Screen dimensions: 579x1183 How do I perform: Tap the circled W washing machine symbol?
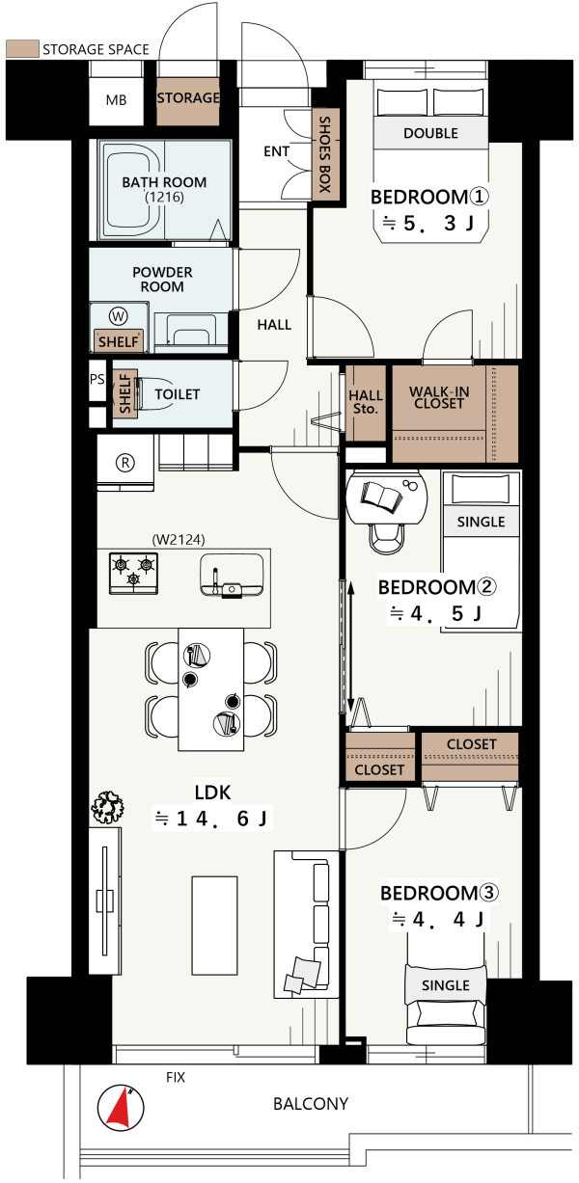click(119, 316)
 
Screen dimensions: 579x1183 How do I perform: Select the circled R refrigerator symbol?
click(124, 463)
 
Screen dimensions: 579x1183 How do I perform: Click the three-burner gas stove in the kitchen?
click(133, 573)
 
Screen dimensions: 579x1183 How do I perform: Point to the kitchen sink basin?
click(232, 576)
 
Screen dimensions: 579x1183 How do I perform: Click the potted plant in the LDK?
click(108, 807)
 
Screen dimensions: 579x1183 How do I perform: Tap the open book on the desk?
click(381, 496)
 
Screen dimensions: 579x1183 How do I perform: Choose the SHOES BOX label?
click(325, 154)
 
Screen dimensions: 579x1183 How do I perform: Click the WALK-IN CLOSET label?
click(439, 397)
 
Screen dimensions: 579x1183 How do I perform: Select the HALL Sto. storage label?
click(366, 401)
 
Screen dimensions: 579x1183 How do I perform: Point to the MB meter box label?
click(117, 100)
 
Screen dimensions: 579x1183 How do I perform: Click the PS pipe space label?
click(97, 379)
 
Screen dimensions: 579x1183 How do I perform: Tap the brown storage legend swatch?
click(22, 48)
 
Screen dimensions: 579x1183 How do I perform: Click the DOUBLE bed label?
click(430, 133)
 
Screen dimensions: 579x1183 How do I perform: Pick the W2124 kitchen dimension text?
click(179, 539)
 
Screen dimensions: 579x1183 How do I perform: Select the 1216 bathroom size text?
click(164, 197)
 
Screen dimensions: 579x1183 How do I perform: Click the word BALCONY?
click(311, 1103)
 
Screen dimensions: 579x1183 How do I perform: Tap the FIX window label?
click(176, 1077)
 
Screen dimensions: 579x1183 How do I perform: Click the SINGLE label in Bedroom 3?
click(445, 985)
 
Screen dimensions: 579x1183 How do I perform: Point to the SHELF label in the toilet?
click(125, 393)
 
